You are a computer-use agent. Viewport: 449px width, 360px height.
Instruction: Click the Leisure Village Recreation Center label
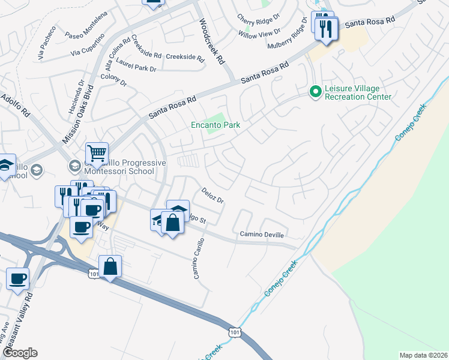click(x=358, y=92)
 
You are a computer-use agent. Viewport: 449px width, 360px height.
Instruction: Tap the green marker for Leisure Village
click(x=315, y=92)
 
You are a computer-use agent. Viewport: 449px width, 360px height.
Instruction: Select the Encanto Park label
click(x=215, y=125)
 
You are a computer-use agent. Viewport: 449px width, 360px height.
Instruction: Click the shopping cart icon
click(x=97, y=154)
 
